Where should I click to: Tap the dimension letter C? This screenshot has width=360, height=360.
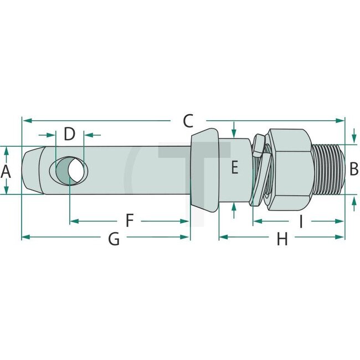[x=188, y=120]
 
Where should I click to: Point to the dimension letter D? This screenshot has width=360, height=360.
[x=69, y=134]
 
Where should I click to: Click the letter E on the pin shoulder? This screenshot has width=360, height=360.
[x=234, y=167]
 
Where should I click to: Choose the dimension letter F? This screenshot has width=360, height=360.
[x=130, y=221]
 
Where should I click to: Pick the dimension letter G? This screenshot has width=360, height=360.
[x=114, y=239]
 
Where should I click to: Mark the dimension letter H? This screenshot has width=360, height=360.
[x=282, y=239]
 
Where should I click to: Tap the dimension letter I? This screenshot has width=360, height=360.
[x=300, y=222]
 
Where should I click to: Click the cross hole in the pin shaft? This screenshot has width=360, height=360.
[x=69, y=169]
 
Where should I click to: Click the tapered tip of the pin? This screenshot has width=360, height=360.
[x=31, y=169]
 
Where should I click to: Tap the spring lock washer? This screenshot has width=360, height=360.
[x=260, y=169]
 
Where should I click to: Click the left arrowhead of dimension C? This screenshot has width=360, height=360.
[x=25, y=120]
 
